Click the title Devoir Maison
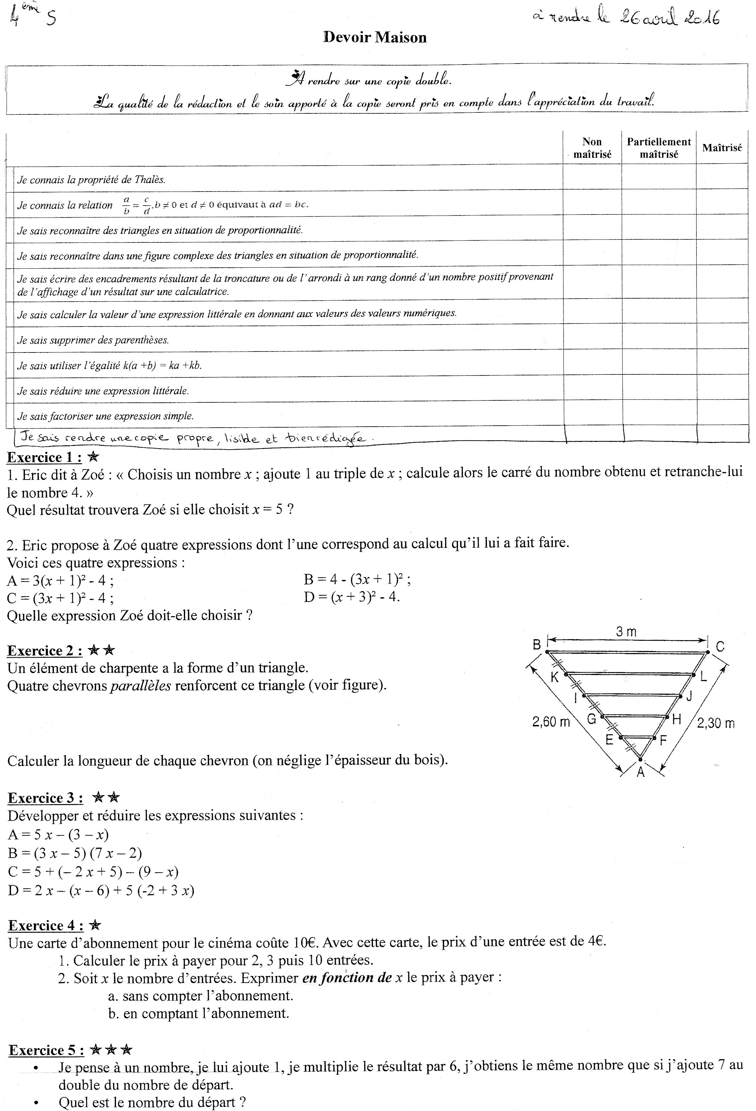point(375,37)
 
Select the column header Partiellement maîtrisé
point(659,148)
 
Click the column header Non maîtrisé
point(592,148)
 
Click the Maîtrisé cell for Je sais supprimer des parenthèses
point(722,340)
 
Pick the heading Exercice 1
point(44,458)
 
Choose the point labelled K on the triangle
point(554,677)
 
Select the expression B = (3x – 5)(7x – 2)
point(75,853)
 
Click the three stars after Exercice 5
point(111,1050)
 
